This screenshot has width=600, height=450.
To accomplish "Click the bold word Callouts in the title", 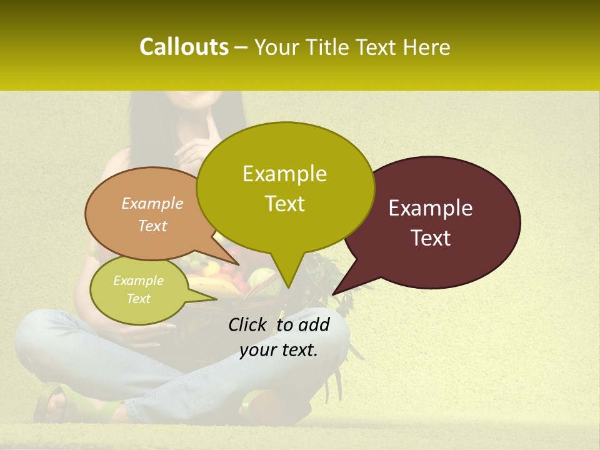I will click(184, 47).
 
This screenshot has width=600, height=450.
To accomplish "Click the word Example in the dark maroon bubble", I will click(431, 208).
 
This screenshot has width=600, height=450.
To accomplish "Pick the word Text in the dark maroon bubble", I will click(431, 238).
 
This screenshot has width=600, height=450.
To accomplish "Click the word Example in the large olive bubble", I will click(284, 174).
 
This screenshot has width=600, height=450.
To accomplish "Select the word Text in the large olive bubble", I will click(284, 204).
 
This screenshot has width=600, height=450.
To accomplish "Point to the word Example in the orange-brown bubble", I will click(152, 203).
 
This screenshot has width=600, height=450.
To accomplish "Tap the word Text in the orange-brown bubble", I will click(152, 226).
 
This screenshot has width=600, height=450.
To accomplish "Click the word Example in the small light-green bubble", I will click(138, 281).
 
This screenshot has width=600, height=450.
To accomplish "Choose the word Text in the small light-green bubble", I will click(138, 299).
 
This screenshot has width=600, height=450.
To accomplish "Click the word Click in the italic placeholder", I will click(247, 324).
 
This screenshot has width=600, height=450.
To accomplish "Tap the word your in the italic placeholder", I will click(256, 350).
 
